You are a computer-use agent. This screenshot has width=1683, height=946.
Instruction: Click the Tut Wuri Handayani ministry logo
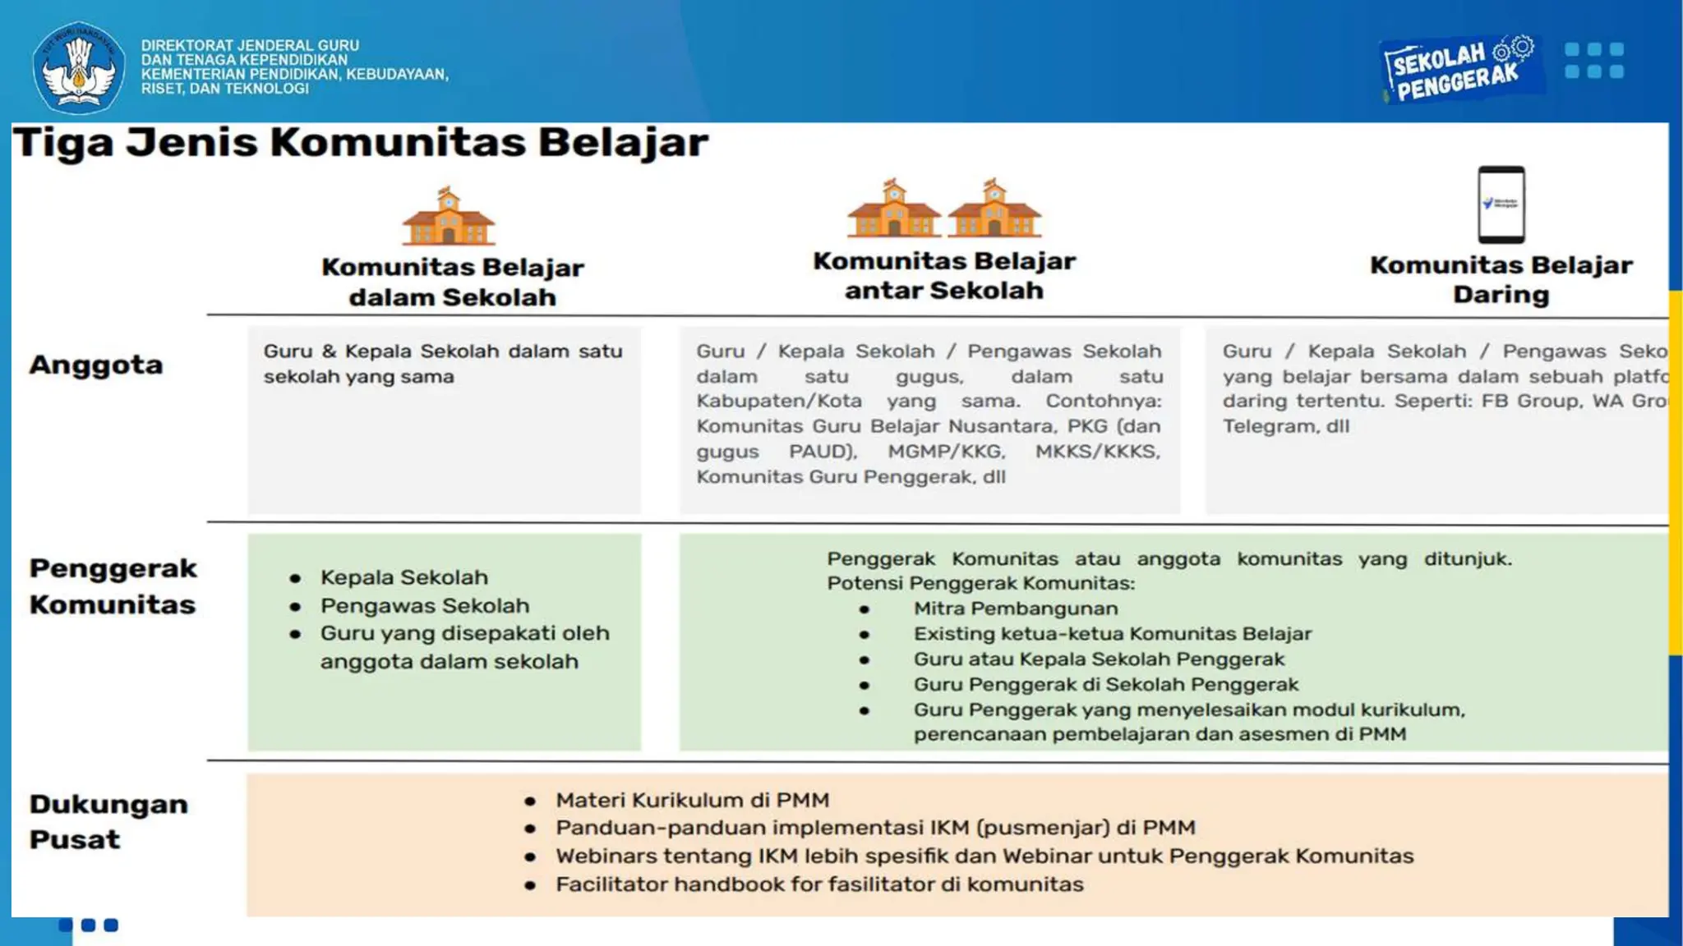coord(78,67)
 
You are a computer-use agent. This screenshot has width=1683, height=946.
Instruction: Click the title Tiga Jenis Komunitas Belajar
coord(360,142)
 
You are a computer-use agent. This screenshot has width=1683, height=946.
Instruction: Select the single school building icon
coord(448,217)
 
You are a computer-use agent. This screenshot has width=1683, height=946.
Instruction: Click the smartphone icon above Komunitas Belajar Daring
coord(1501,204)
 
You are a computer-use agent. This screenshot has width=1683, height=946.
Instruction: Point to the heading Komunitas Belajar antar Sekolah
coord(943,275)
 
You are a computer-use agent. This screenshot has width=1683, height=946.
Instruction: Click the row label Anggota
coord(96,365)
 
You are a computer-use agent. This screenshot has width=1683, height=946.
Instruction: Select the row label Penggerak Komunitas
coord(113,586)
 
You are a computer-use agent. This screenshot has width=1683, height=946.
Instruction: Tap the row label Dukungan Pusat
coord(108,821)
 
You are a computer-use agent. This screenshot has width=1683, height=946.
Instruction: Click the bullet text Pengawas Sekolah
coord(424,606)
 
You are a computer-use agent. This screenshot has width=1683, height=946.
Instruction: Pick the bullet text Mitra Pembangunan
coord(1015,608)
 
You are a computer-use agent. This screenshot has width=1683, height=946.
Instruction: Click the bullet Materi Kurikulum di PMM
coord(692,800)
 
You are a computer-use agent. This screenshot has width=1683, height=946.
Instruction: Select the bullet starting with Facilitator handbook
coord(818,884)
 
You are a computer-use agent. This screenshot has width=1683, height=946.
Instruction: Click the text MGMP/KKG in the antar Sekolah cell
coord(945,452)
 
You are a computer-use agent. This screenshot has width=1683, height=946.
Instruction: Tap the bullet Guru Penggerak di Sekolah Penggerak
coord(1105,685)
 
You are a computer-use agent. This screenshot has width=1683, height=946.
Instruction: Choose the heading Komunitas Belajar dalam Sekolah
coord(452,282)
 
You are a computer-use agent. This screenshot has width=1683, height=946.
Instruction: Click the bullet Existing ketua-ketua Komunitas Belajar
coord(1112,634)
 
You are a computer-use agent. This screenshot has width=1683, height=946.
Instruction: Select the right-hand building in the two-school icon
coord(994,209)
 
